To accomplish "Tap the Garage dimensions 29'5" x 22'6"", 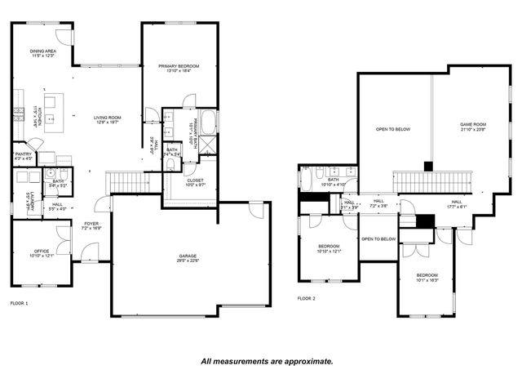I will (188, 261).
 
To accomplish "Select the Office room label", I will (41, 252).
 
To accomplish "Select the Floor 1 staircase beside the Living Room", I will (129, 182).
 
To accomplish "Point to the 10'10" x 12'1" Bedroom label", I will (329, 247).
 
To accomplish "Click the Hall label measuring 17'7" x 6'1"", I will (457, 202).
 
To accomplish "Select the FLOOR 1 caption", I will (19, 303).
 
